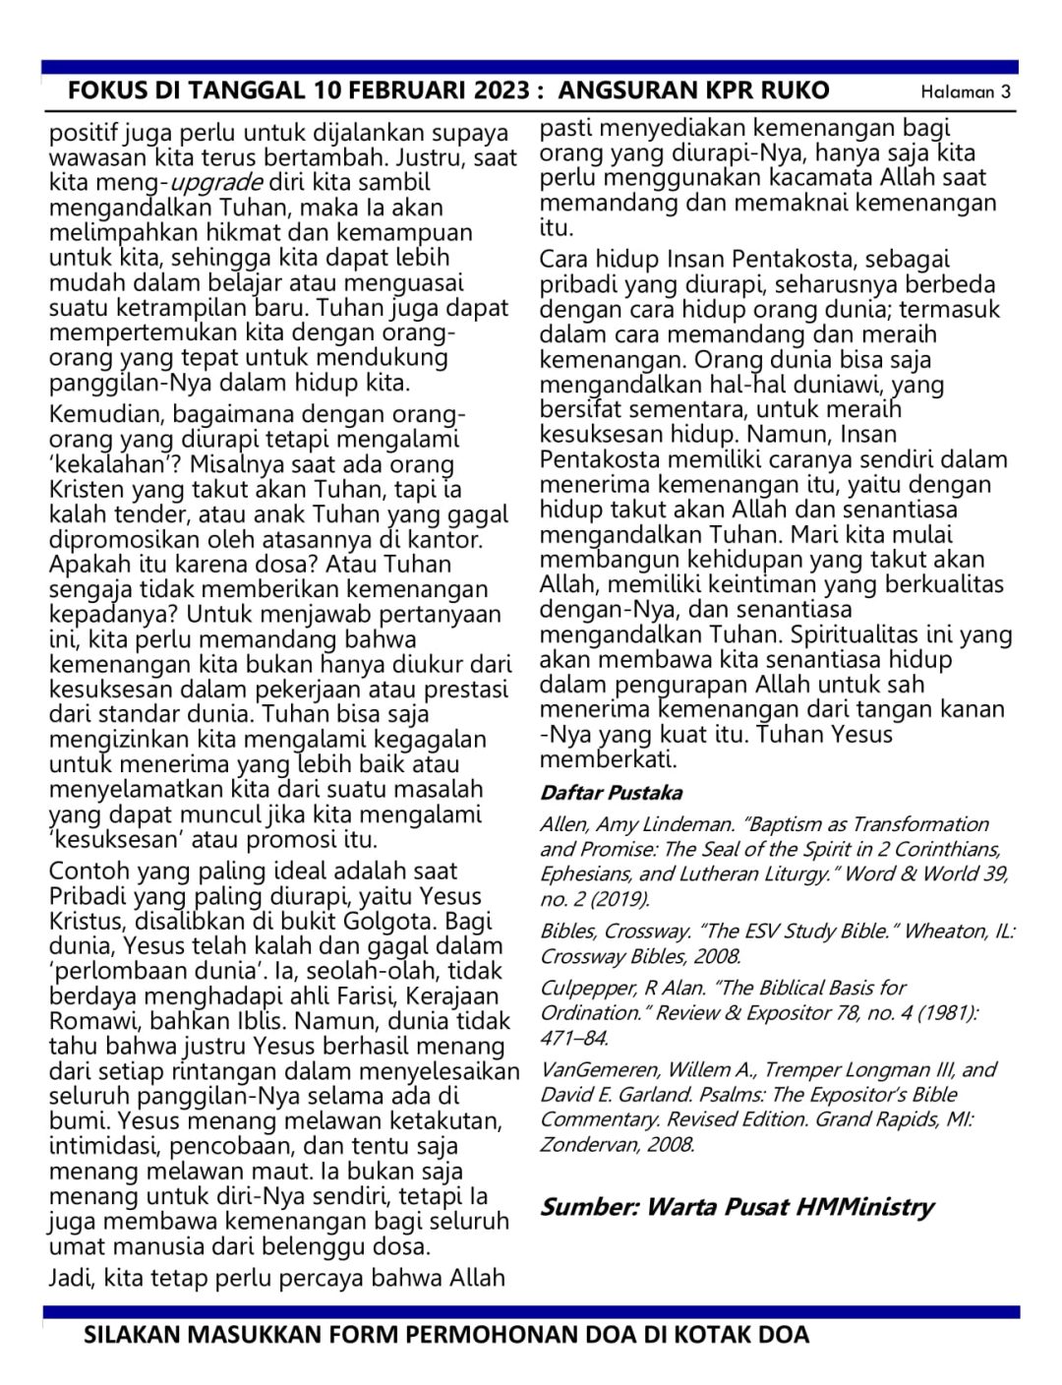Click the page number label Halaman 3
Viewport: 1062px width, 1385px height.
pyautogui.click(x=966, y=92)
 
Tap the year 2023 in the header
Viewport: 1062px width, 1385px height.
pyautogui.click(x=502, y=91)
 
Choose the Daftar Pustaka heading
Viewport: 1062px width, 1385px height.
pyautogui.click(x=611, y=793)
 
